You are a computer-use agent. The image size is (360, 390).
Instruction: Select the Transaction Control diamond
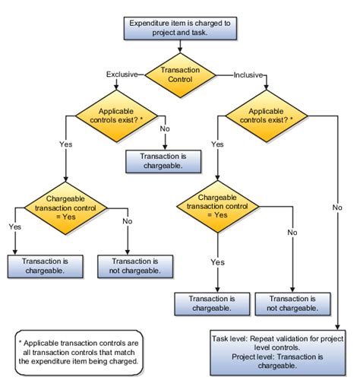[x=179, y=75]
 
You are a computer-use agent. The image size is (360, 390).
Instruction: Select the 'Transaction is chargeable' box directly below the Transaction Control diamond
[x=161, y=160]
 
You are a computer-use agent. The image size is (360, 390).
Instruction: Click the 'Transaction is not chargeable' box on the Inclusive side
[x=292, y=303]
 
